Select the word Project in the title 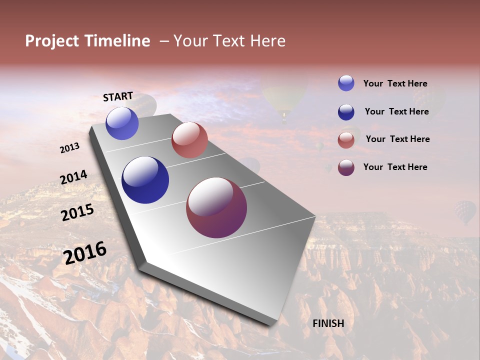(52, 41)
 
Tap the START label (118, 96)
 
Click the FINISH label (328, 323)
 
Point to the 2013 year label (70, 147)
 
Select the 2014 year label (74, 177)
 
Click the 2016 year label (85, 252)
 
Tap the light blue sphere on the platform (122, 123)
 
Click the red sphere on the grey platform (189, 140)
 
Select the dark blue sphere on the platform (145, 180)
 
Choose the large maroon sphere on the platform (216, 207)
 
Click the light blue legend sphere (346, 83)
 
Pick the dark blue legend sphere (346, 112)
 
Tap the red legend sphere (346, 140)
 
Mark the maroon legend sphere (346, 167)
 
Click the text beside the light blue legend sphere (395, 83)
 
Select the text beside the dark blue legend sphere (396, 111)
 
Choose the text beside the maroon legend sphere (395, 167)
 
